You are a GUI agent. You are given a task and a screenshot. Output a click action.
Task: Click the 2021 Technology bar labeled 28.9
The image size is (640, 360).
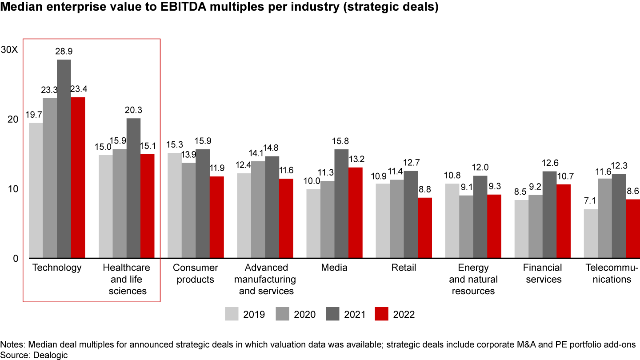[64, 159]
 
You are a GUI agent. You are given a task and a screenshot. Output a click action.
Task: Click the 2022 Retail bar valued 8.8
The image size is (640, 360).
[425, 228]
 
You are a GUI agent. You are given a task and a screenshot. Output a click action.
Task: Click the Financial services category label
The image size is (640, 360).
[542, 273]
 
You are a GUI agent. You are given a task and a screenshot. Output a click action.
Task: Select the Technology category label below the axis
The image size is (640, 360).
[57, 268]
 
